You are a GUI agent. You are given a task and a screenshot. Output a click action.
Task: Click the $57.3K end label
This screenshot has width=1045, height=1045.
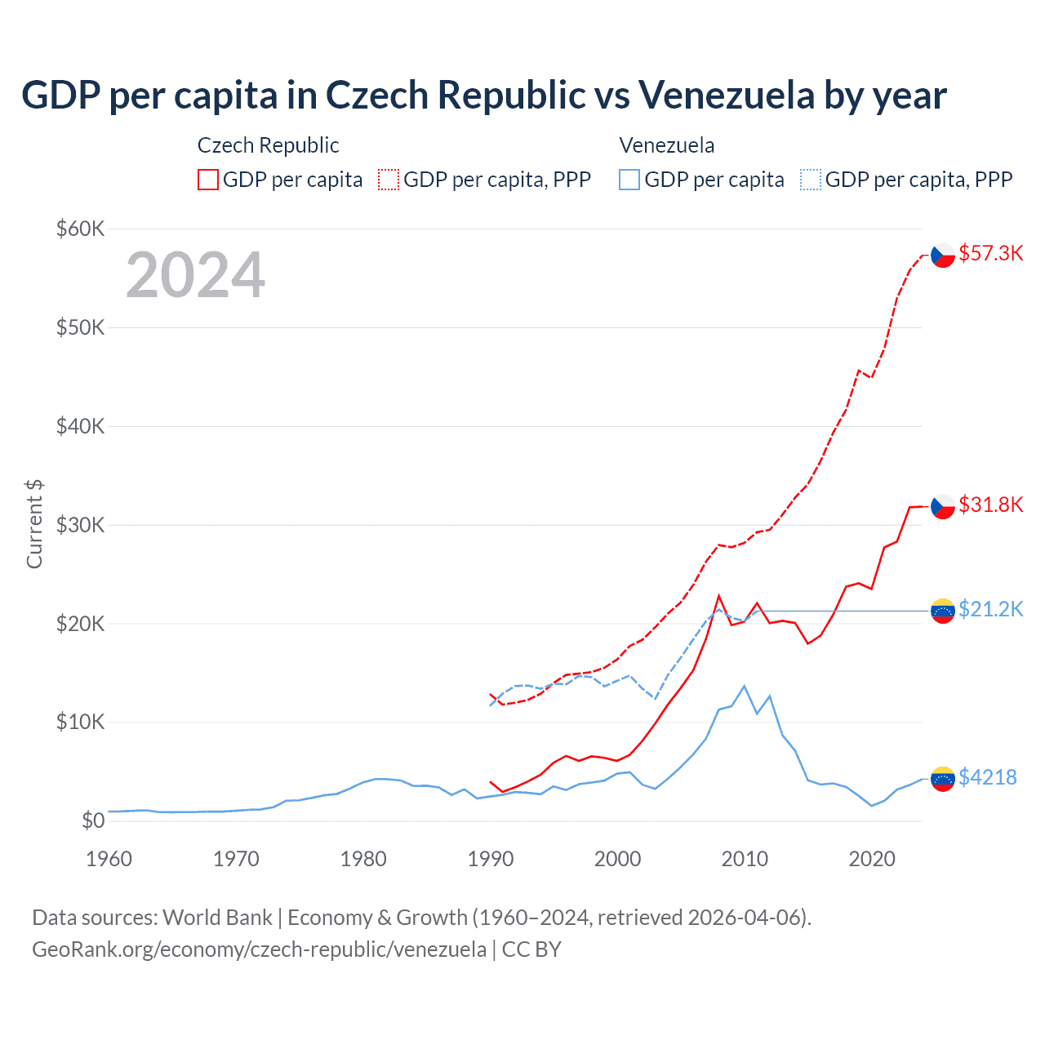990,253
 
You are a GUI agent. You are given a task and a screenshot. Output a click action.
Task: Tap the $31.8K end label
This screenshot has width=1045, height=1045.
990,505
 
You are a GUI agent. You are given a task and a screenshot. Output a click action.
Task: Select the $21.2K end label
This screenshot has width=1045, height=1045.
990,609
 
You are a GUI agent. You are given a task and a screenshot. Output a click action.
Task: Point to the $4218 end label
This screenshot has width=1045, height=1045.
987,777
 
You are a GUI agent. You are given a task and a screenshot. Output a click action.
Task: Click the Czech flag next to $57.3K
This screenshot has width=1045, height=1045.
943,255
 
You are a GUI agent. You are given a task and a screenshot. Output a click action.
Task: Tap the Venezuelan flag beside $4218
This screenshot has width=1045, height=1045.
943,779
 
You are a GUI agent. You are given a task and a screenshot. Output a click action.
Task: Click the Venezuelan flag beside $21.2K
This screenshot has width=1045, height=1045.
943,611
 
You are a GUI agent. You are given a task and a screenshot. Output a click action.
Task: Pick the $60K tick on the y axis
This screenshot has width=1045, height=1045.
80,229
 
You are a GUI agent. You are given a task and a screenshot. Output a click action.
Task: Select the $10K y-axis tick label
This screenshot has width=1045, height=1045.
80,723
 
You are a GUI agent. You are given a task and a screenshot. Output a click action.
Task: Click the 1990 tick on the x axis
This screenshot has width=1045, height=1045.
491,859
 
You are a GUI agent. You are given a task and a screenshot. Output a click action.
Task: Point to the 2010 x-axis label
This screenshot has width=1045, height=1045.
745,859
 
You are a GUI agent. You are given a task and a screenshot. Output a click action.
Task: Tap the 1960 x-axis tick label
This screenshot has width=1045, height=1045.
109,859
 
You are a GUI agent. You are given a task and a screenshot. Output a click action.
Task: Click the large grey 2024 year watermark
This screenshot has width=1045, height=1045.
195,275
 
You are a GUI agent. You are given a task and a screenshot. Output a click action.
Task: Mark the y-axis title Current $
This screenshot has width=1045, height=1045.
34,524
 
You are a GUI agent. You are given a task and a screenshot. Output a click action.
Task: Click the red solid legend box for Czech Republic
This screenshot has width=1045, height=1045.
208,180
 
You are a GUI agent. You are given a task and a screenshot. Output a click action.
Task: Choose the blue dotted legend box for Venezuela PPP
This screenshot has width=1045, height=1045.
811,180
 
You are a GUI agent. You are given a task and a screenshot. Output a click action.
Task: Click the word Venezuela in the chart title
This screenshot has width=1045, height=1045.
726,96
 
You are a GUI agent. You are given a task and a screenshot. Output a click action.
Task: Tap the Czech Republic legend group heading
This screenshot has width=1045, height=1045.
268,145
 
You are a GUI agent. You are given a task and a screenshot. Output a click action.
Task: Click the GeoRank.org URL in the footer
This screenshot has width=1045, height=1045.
259,949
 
